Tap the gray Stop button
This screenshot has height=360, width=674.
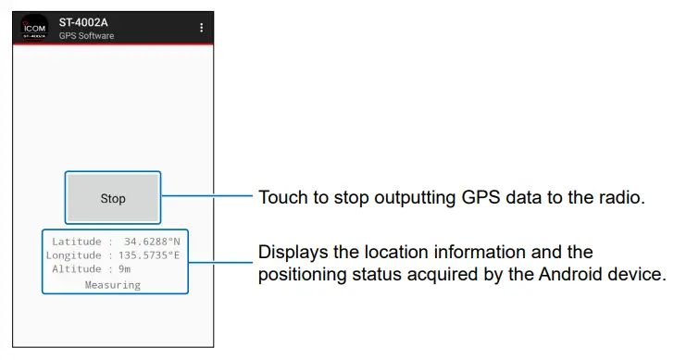click(113, 198)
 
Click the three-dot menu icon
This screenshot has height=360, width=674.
click(201, 28)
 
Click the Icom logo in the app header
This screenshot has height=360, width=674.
click(35, 28)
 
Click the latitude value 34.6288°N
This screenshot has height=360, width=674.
click(151, 242)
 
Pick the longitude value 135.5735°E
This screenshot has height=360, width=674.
click(147, 255)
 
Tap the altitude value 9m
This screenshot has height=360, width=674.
click(124, 269)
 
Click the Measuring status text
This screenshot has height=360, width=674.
click(113, 284)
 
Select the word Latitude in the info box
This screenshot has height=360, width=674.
click(76, 242)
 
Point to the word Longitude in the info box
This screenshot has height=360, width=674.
click(74, 255)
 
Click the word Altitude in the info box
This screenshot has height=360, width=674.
click(77, 269)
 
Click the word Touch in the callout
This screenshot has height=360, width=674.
click(282, 197)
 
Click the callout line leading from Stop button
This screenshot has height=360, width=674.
click(206, 196)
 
